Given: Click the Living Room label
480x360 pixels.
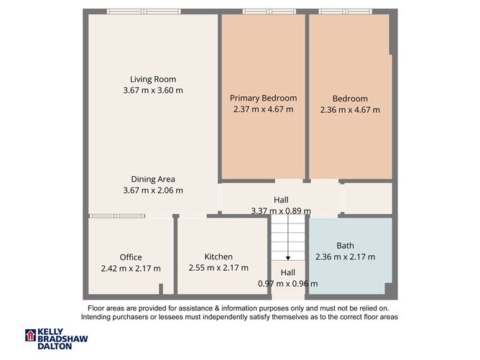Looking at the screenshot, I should click(x=153, y=79).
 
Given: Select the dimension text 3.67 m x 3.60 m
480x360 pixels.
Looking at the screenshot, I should click(x=153, y=91).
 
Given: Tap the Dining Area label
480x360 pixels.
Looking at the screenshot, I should click(x=153, y=179).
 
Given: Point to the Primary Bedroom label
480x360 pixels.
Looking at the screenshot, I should click(x=263, y=98).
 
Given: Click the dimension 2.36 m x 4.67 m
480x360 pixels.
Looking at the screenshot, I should click(x=350, y=110).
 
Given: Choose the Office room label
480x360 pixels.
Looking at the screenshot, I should click(x=131, y=257).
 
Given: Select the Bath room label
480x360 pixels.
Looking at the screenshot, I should click(x=345, y=246).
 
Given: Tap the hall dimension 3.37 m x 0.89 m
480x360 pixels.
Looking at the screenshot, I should click(x=281, y=211).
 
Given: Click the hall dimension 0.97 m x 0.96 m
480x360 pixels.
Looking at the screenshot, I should click(x=287, y=283).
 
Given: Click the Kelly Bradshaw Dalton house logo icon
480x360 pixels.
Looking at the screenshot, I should click(x=30, y=336).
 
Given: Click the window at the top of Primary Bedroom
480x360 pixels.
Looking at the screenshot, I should click(x=264, y=11).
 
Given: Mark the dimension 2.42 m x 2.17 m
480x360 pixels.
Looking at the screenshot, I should click(x=131, y=268).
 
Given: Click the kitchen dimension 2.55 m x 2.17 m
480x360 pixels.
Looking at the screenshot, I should click(x=218, y=267).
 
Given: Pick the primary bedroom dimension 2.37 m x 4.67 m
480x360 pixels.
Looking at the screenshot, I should click(x=263, y=110).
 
